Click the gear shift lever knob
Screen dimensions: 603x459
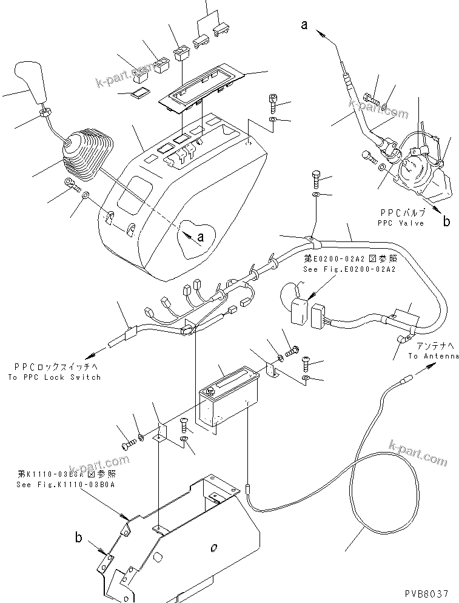[41, 83]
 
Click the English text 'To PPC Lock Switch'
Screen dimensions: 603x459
[54, 377]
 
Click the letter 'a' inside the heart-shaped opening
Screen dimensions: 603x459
[201, 236]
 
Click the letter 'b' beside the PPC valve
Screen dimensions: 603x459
[446, 222]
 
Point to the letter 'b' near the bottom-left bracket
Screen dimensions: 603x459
[78, 537]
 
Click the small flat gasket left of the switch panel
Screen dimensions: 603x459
[141, 93]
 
